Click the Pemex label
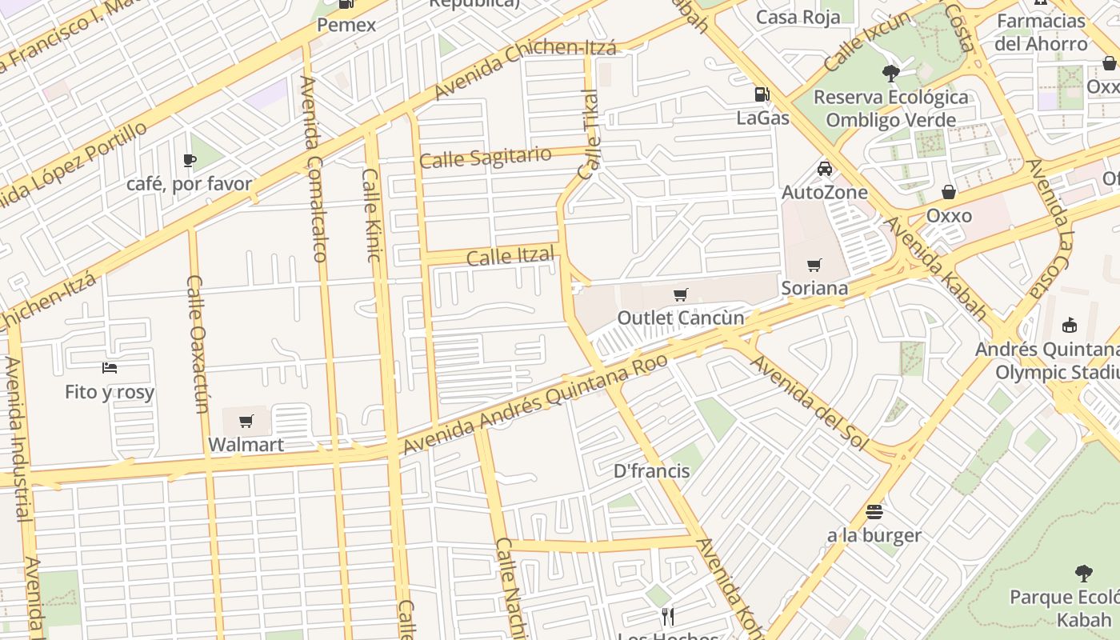click(x=346, y=25)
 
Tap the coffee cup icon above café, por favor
click(x=190, y=161)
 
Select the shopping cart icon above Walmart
click(x=246, y=421)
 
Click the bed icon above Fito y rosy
click(x=110, y=368)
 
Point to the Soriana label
click(x=814, y=287)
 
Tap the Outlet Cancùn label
click(x=680, y=318)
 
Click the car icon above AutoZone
click(x=825, y=169)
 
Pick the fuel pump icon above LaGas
click(x=762, y=94)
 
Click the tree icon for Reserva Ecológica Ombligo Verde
click(x=890, y=74)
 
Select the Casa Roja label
click(x=798, y=17)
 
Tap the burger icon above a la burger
click(x=874, y=512)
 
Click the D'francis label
click(x=651, y=470)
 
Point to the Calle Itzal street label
click(x=510, y=257)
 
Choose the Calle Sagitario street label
click(x=486, y=157)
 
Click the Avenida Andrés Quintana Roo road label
click(x=535, y=403)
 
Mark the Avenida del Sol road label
click(x=809, y=402)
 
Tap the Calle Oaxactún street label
click(x=198, y=344)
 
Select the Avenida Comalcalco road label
click(x=313, y=169)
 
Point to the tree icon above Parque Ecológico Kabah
click(x=1084, y=574)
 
